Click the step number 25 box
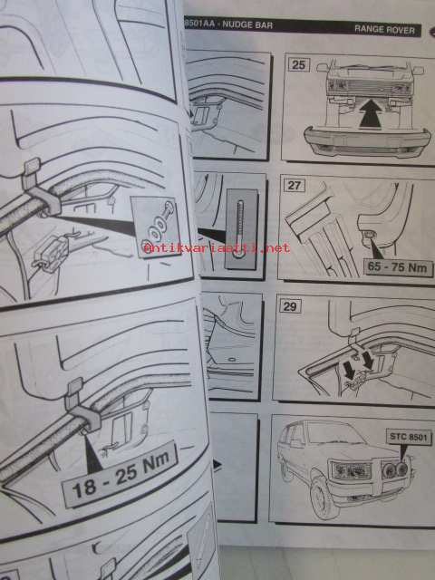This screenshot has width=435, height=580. pos(298,64)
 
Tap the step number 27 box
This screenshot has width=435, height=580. pos(294,185)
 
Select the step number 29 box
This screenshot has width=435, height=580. pos(290,306)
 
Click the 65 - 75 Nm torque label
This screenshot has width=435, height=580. pos(398,267)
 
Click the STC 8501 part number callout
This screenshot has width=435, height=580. pos(409,437)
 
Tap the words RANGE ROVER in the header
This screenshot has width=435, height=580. pos(384,30)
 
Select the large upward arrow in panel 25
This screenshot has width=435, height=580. pos(371,113)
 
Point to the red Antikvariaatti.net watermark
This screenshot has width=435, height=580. pos(217,247)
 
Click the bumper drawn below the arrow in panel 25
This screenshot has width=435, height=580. pos(367,141)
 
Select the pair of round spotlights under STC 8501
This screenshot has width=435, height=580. pos(395,469)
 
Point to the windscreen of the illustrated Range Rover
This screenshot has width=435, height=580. pos(334,433)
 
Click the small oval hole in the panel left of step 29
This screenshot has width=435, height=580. pos(232,359)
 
